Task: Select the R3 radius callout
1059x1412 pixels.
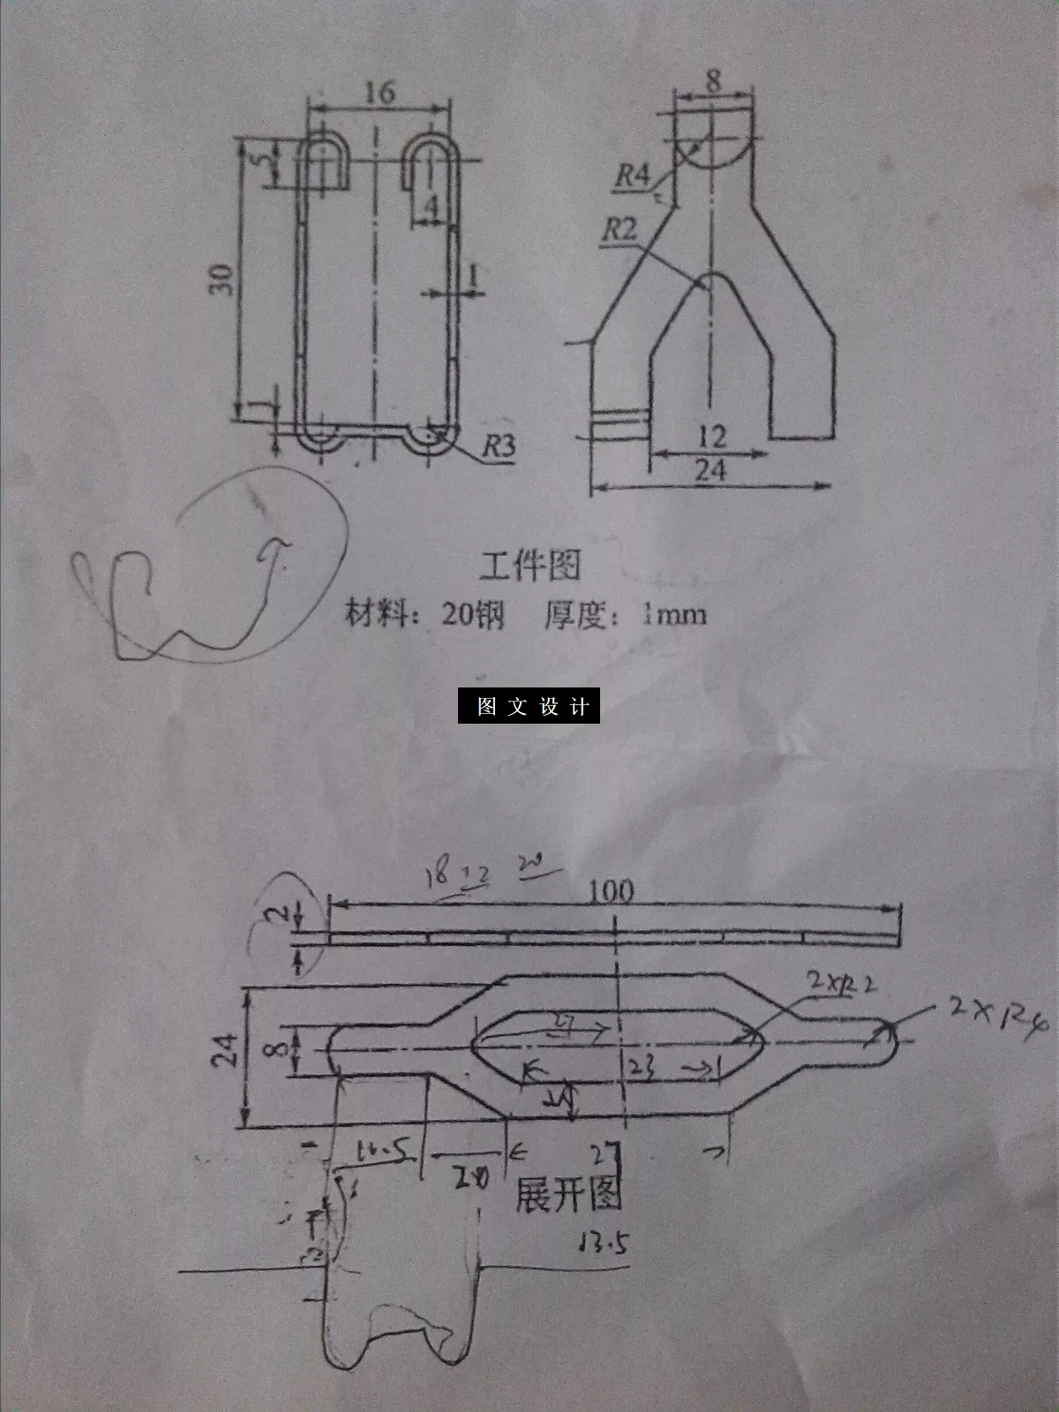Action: tap(499, 447)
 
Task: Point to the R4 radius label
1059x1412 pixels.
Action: tap(632, 175)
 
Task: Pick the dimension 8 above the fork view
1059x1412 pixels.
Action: tap(713, 80)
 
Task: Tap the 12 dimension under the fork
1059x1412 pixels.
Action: tap(711, 436)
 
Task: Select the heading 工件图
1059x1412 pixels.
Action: tap(530, 566)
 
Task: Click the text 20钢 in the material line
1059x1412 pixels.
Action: tap(473, 614)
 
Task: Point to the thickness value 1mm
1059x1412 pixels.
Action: tap(675, 614)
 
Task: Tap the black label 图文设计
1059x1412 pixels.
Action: tap(529, 706)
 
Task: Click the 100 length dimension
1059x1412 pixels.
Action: tap(611, 890)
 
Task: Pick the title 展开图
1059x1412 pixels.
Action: tap(568, 1194)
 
